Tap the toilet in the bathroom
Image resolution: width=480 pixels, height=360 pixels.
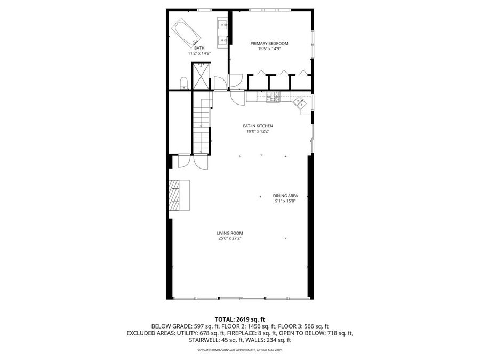tap(183, 82)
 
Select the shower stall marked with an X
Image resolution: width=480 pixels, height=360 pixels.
tap(201, 76)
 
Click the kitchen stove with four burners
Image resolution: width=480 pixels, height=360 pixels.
tap(273, 97)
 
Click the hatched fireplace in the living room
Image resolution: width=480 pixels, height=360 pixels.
tap(175, 195)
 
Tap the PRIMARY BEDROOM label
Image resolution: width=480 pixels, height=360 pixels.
tap(269, 43)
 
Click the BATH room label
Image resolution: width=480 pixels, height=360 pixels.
tap(199, 48)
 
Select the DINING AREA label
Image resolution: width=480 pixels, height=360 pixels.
tap(285, 196)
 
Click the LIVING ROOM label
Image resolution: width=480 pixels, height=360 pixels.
tap(230, 233)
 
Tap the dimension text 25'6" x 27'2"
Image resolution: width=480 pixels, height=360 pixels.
tap(230, 238)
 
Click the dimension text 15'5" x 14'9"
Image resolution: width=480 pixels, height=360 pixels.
tap(269, 49)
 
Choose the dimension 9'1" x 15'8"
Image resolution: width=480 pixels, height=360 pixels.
tap(285, 201)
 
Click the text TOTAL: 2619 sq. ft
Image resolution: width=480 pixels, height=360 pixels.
tap(239, 319)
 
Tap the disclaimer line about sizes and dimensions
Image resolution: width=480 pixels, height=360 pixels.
tap(239, 350)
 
